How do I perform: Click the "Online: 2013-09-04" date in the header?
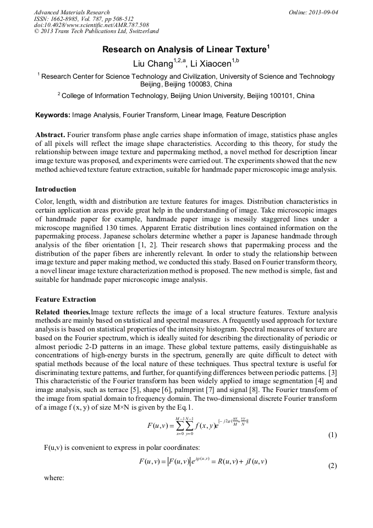(314, 12)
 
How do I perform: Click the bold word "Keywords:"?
(53, 115)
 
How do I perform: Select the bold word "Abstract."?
(50, 135)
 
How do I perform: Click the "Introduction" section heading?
(56, 189)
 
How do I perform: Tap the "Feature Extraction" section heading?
(65, 300)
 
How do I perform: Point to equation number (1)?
(332, 435)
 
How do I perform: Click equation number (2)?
(332, 466)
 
